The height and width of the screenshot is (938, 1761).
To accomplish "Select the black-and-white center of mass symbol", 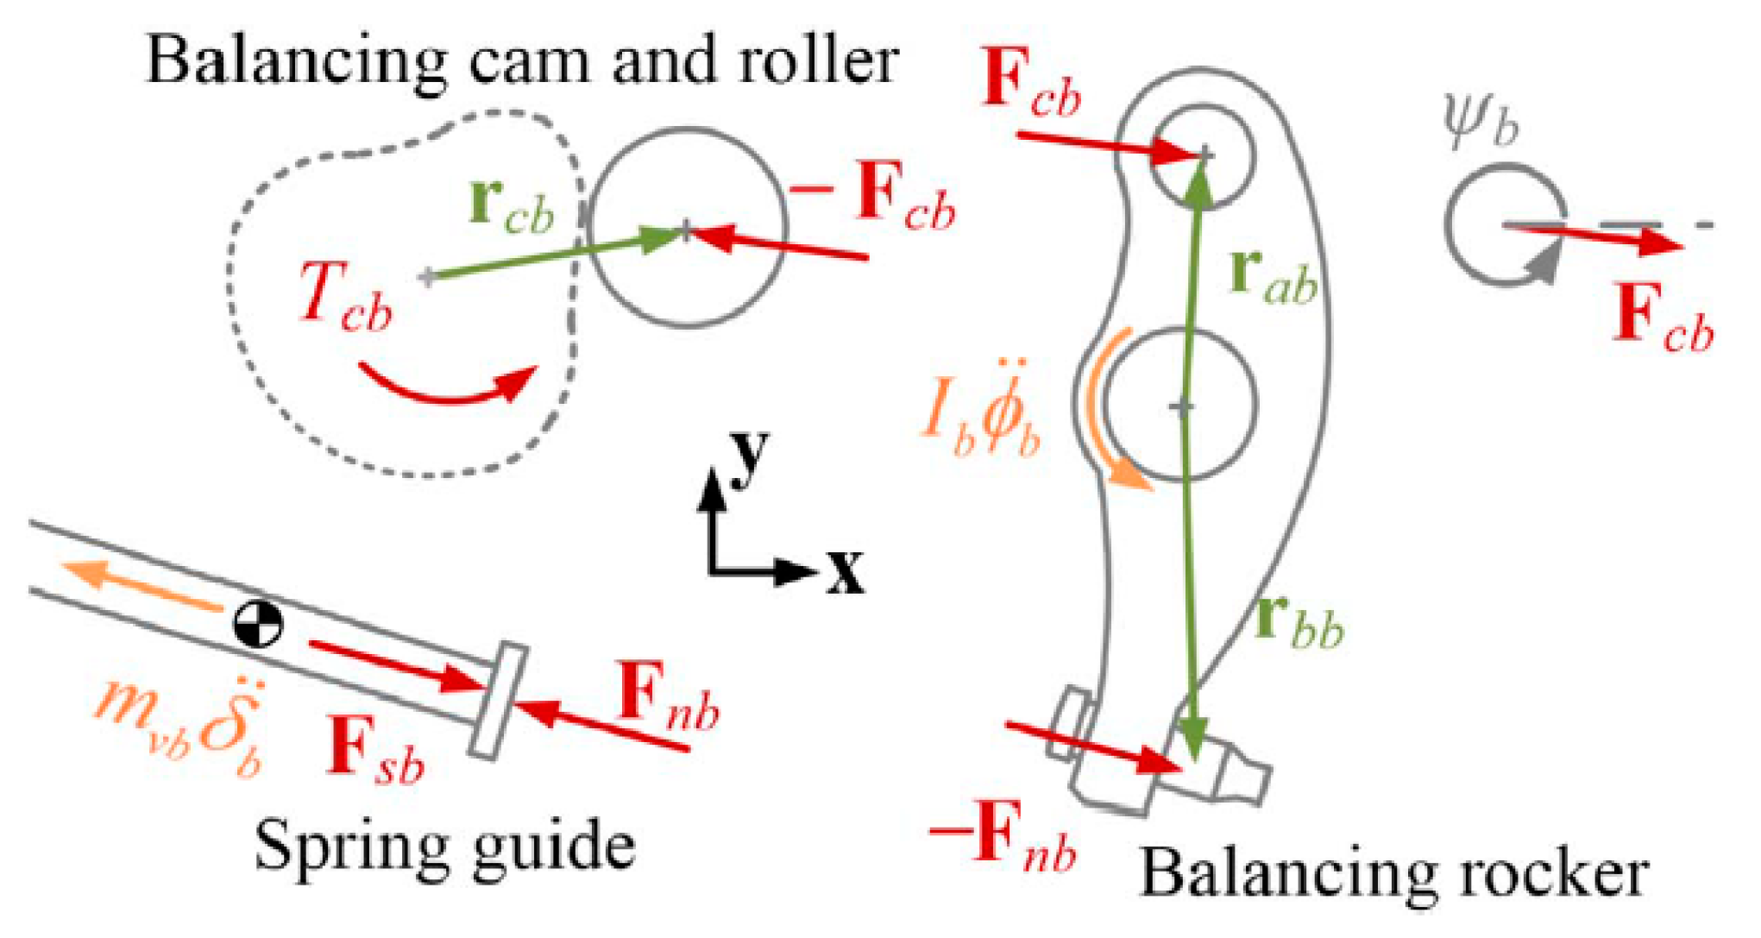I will (x=258, y=622).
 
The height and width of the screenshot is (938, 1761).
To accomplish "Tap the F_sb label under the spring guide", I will (x=376, y=751).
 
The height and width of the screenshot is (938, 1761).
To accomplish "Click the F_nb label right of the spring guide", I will (x=669, y=699).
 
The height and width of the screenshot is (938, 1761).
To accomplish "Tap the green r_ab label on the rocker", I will (x=1274, y=276).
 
